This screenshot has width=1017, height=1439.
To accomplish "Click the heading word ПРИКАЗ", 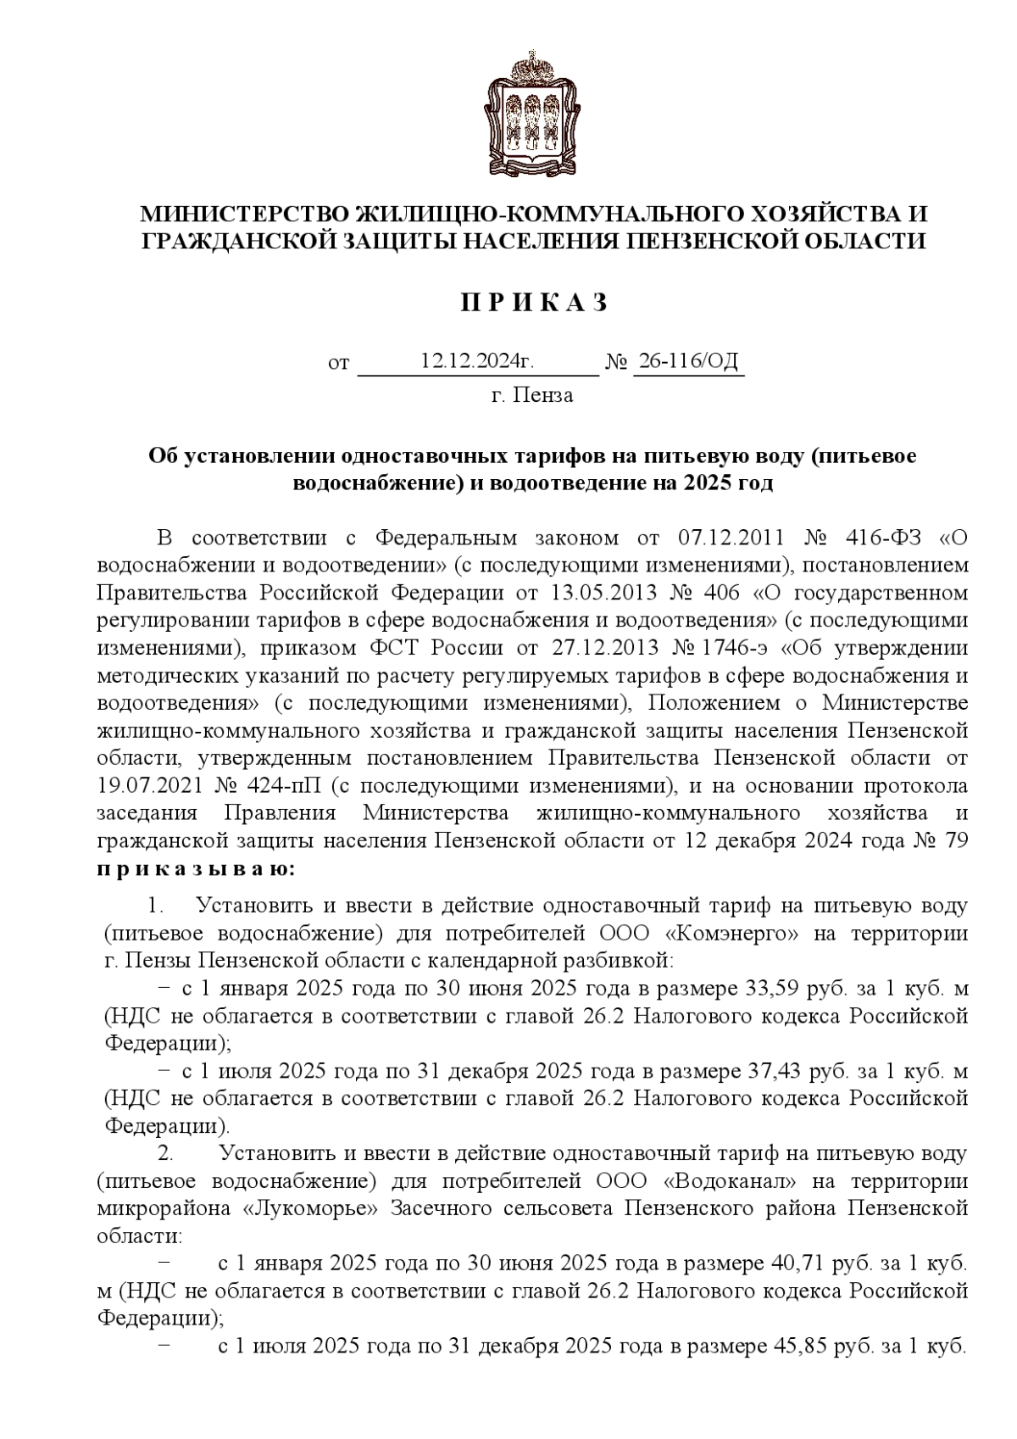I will tap(534, 304).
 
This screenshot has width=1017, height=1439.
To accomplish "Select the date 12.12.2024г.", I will tap(477, 361).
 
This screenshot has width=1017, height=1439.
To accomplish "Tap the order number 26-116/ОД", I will tap(688, 361).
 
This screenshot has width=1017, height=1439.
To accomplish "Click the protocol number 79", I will tap(956, 841).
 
